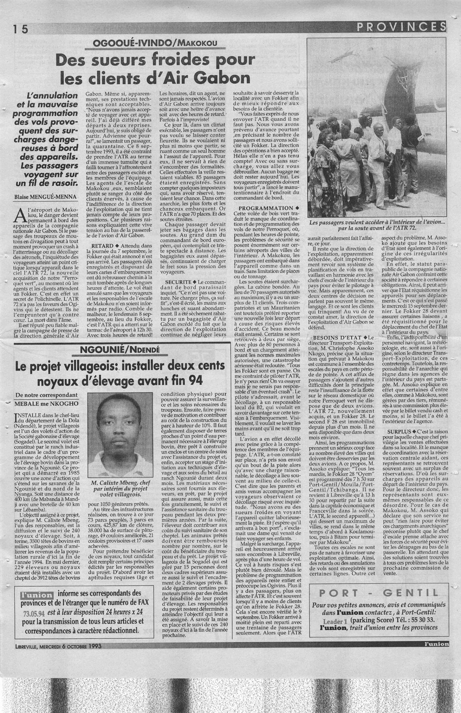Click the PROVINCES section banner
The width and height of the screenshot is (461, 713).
[x=401, y=27]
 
